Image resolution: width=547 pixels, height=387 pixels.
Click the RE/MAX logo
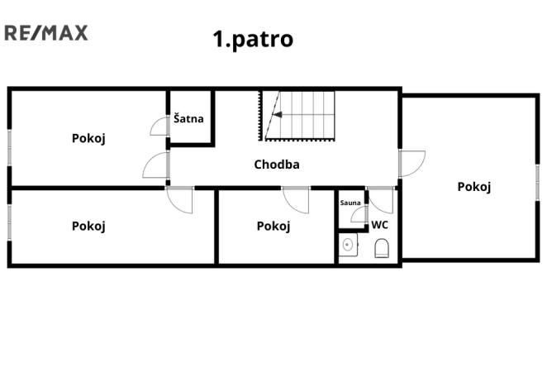tap(46, 33)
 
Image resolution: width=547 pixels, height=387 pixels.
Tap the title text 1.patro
tap(253, 39)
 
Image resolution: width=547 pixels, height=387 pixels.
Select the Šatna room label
tap(188, 119)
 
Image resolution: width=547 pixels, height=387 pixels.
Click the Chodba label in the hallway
tap(277, 164)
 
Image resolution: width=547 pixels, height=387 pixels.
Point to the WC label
tap(379, 224)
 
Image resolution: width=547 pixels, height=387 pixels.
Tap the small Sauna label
tap(350, 202)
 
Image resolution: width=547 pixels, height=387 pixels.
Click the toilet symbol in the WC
tap(382, 248)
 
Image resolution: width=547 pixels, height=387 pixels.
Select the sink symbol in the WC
tap(348, 245)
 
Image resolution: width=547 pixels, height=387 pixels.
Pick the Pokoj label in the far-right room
tap(474, 186)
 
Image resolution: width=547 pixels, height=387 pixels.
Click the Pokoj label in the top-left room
tap(88, 138)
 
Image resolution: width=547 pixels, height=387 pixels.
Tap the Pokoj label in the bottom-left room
tap(88, 225)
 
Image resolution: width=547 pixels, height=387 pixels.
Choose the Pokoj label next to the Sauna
tap(273, 226)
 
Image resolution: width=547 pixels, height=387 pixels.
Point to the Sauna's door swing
tap(358, 215)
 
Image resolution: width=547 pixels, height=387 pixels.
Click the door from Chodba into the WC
tap(381, 200)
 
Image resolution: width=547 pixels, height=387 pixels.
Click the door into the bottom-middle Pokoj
tap(296, 199)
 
